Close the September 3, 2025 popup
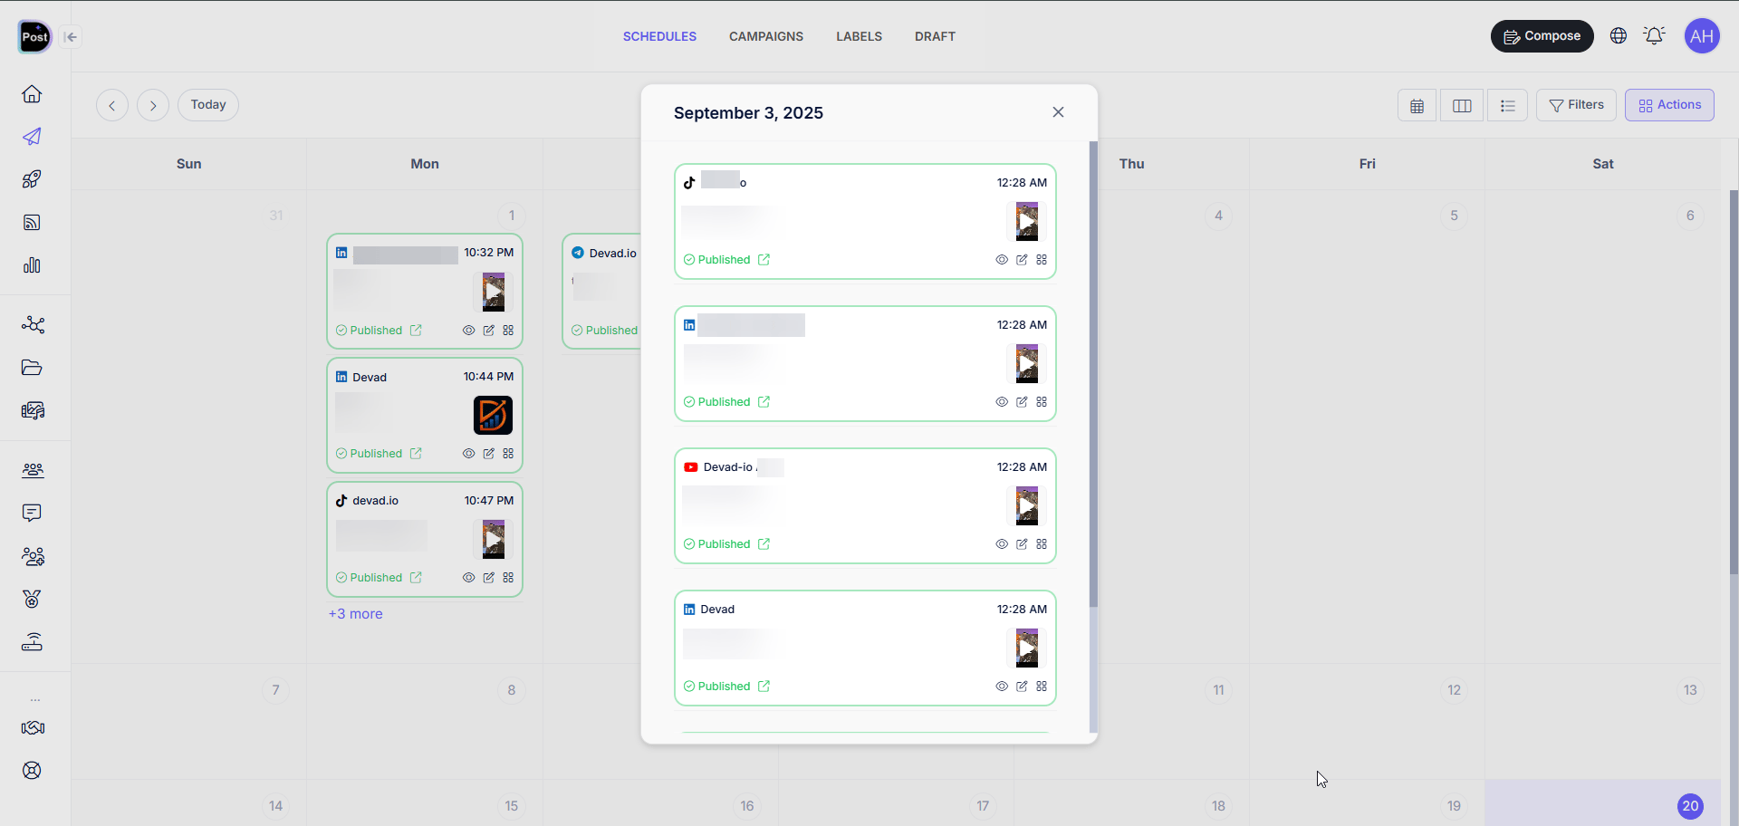pos(1058,112)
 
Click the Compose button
pos(1542,36)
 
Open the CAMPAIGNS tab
pos(765,36)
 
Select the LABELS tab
pos(859,36)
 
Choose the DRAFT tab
pos(935,36)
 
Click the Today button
pos(208,105)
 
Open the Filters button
pos(1576,105)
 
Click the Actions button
pos(1669,105)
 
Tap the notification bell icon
pos(1654,36)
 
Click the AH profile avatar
pos(1702,36)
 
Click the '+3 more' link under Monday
pos(355,614)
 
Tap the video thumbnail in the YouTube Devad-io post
pos(1026,506)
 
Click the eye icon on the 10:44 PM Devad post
pos(468,454)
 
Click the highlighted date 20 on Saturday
pos(1690,806)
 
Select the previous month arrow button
pos(112,105)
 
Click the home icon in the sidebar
pos(32,94)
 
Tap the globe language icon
pos(1619,36)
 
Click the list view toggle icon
pos(1507,106)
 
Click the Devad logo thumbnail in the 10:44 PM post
pos(493,416)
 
